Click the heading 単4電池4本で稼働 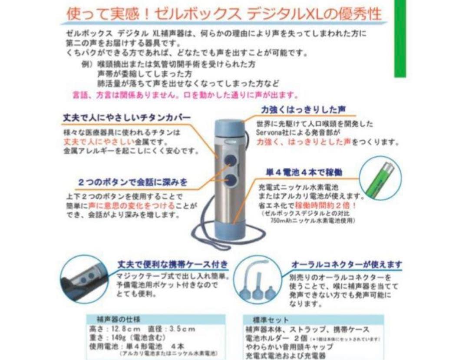click(x=304, y=172)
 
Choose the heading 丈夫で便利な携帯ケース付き click(x=173, y=264)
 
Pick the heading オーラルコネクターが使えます click(x=346, y=264)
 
